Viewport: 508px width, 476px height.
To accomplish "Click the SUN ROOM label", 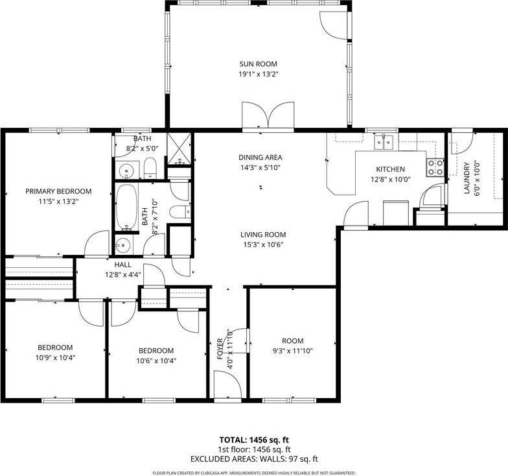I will click(258, 64).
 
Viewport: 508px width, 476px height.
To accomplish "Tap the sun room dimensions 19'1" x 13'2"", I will click(258, 74).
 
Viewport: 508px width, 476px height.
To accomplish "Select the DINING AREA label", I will click(260, 157).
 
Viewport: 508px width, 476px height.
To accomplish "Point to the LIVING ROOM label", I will click(263, 235).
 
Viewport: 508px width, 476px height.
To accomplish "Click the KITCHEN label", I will click(387, 169).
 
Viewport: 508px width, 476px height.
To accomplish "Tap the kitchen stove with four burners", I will click(435, 167).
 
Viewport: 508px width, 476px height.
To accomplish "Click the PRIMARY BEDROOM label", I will click(58, 191).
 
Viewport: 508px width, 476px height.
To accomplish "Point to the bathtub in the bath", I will click(127, 208).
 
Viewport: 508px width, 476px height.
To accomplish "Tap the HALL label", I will click(123, 265).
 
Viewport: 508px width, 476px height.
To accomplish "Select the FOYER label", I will click(220, 349).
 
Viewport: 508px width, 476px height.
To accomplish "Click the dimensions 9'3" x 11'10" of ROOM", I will click(292, 351).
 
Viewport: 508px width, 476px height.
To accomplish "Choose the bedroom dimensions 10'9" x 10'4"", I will click(54, 357).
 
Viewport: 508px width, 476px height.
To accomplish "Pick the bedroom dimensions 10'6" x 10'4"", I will click(156, 361).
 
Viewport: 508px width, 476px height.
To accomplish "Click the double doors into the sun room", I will click(268, 117).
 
